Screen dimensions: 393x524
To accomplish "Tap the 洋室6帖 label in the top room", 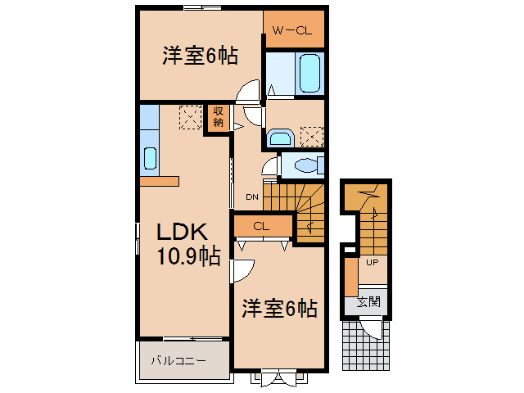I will click(x=201, y=56).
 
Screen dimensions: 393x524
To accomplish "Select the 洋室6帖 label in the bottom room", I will click(x=279, y=309).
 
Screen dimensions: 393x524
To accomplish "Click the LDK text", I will click(x=181, y=232).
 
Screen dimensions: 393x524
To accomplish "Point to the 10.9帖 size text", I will click(x=188, y=258).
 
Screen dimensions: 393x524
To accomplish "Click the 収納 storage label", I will click(x=219, y=117).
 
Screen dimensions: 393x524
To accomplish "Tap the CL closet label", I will click(x=262, y=226).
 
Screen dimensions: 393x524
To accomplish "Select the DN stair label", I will click(x=252, y=196).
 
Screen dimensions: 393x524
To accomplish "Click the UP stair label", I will click(x=371, y=263).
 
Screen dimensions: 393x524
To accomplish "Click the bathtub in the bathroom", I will click(x=310, y=74).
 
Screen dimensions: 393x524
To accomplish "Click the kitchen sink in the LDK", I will click(x=150, y=157).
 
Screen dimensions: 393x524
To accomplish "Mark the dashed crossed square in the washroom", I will click(x=311, y=135).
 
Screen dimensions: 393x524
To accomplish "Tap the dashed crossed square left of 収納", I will click(x=190, y=117).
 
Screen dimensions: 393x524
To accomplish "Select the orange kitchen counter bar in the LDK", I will click(x=159, y=181).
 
